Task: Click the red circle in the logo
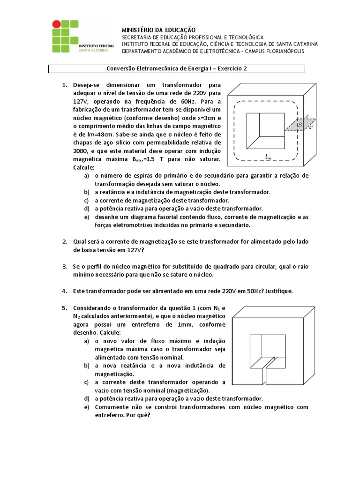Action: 57,23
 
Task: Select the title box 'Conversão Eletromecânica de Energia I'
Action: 177,68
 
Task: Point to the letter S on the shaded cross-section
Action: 300,125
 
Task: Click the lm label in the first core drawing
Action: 268,157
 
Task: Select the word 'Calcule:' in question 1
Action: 84,168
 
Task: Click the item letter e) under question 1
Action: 87,217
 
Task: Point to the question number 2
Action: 65,241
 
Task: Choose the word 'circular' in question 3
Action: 262,267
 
